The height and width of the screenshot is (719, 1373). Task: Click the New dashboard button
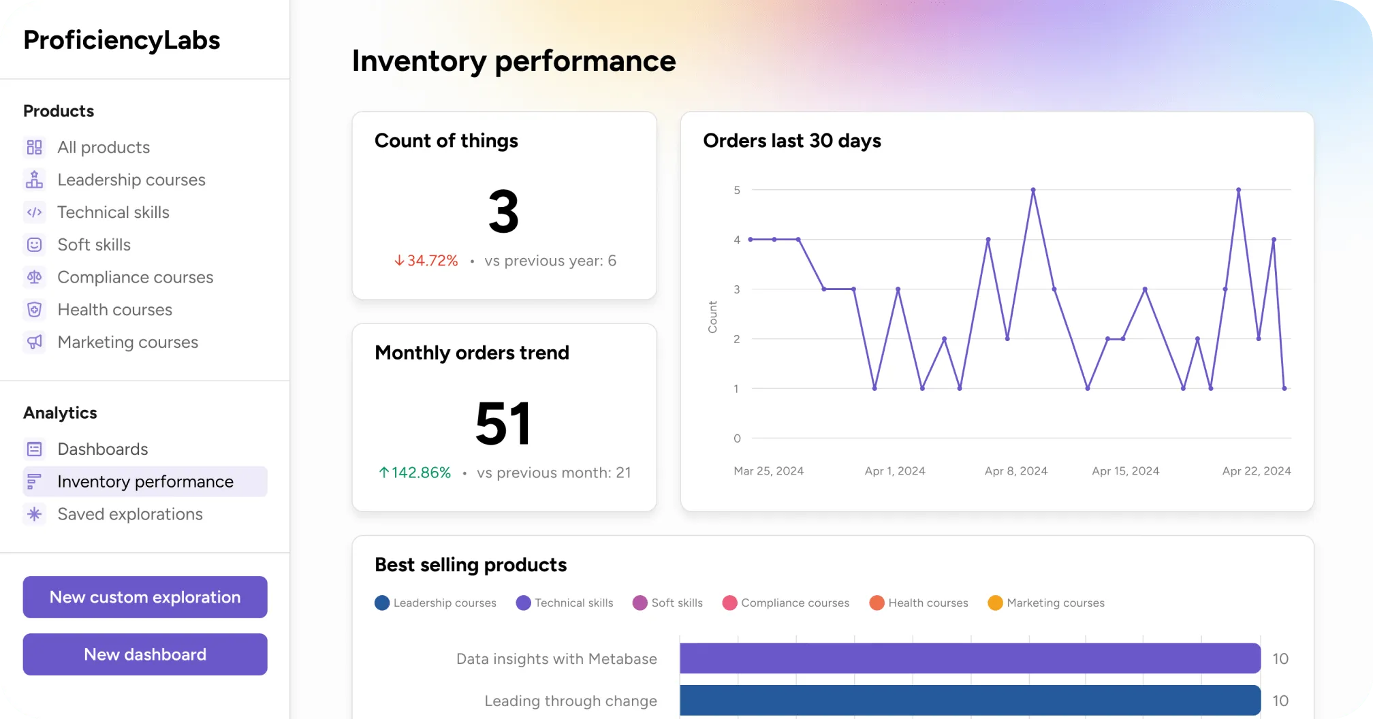144,654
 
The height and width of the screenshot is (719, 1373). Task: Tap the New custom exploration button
144,597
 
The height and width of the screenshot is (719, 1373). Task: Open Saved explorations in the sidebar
129,514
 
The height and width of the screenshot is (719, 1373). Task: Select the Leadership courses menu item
131,180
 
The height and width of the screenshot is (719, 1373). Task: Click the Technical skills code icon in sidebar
35,212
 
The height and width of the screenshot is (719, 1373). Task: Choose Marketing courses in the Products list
127,342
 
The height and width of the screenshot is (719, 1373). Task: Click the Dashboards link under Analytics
102,449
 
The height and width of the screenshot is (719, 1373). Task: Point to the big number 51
503,424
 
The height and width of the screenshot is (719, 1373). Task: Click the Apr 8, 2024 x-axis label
1015,470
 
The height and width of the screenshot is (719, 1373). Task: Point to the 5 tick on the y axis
737,190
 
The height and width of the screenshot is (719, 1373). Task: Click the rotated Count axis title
712,317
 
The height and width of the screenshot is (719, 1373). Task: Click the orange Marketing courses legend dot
995,603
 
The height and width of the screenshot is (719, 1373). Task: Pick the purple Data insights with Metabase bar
970,658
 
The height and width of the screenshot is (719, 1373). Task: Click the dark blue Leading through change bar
970,700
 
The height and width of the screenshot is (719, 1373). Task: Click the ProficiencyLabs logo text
122,40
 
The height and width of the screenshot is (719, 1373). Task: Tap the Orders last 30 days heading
792,141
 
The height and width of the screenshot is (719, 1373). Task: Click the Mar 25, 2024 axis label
768,470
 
